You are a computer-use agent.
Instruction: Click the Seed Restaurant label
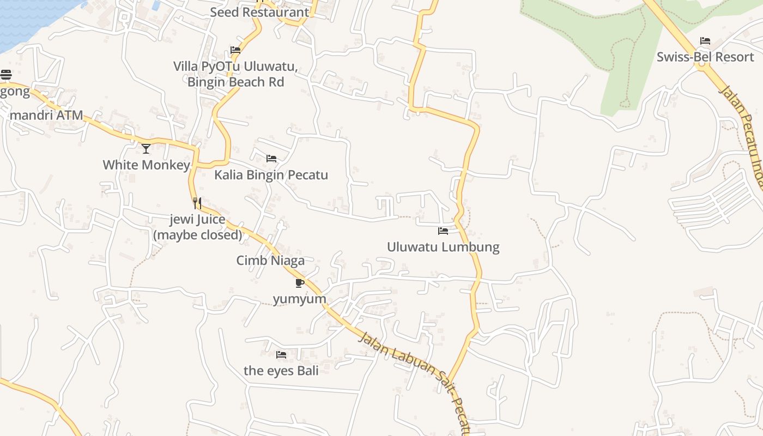coord(259,12)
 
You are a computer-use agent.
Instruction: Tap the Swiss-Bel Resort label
coord(705,57)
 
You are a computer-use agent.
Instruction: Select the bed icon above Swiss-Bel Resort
coord(705,41)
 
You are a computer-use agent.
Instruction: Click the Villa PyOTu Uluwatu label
coord(235,66)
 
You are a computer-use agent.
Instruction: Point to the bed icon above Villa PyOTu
coord(235,50)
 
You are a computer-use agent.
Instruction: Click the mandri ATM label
coord(46,115)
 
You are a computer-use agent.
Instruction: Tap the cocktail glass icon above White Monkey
coord(146,148)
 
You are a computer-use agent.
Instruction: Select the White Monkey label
coord(146,165)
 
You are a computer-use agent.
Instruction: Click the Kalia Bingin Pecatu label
coord(271,175)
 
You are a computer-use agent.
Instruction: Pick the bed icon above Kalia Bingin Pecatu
coord(271,159)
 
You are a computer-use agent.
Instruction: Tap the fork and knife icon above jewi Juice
coord(197,203)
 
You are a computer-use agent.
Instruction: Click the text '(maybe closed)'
coord(197,235)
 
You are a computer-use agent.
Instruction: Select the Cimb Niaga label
coord(270,261)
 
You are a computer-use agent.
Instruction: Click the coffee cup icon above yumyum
coord(299,283)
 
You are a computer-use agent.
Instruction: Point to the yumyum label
coord(299,299)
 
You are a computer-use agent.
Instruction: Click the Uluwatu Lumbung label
coord(443,247)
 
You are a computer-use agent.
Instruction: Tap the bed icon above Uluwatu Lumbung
coord(443,231)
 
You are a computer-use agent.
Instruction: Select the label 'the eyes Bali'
coord(281,371)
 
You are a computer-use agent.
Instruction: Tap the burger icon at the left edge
coord(6,75)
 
